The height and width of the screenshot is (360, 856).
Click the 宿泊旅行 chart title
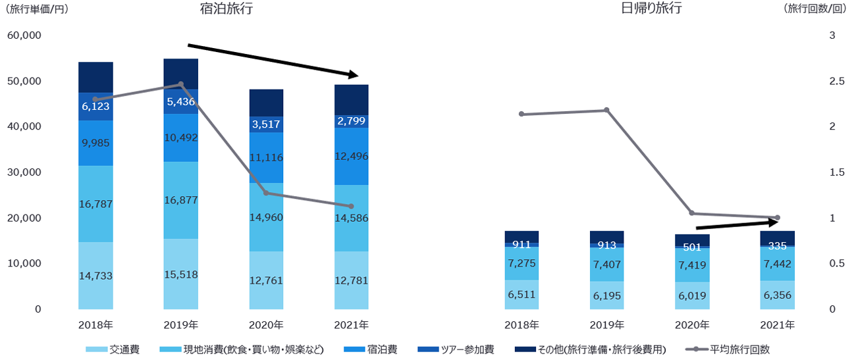tap(227, 9)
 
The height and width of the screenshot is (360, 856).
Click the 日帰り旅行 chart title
tap(651, 9)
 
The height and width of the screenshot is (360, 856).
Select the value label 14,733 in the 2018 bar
tap(95, 276)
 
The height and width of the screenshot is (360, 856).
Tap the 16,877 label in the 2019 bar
tap(180, 199)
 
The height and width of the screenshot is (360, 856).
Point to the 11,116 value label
tap(266, 157)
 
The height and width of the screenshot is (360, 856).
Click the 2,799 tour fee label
tap(351, 120)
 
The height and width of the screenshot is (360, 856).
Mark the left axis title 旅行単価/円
tap(37, 10)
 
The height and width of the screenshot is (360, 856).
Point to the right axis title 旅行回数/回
tap(814, 10)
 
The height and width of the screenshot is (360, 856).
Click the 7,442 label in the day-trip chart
tap(777, 263)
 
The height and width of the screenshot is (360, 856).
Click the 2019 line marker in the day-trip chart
tap(606, 110)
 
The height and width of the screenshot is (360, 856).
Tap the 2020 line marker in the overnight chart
tap(266, 193)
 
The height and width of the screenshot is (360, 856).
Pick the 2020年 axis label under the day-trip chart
tap(691, 325)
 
